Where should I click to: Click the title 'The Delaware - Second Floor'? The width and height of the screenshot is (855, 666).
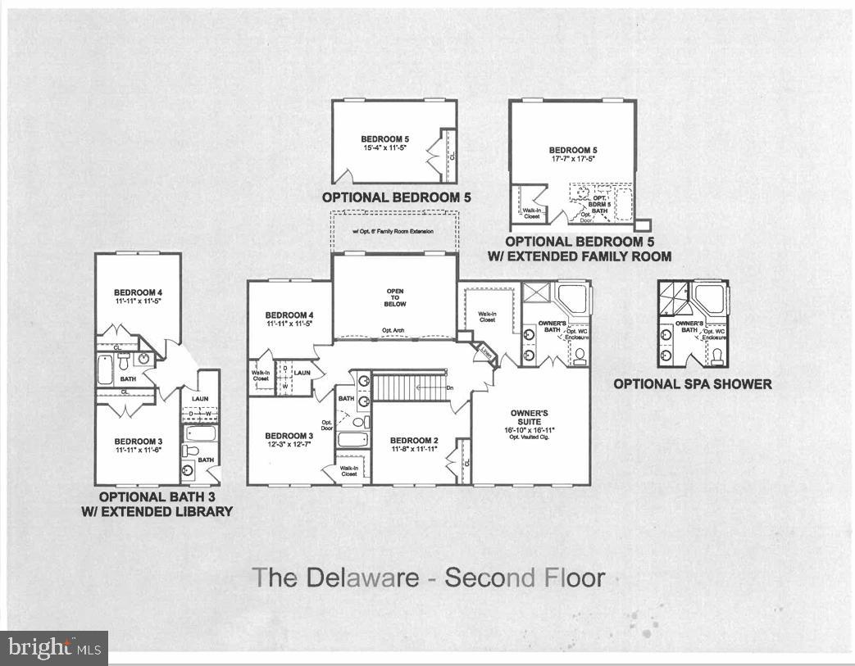point(428,577)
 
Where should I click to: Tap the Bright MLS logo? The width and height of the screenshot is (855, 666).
point(54,647)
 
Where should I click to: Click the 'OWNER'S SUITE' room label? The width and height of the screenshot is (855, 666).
point(530,418)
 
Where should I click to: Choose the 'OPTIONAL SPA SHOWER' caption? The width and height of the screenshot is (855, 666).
point(693,383)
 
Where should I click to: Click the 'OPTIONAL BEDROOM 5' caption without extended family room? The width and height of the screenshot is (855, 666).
point(396,197)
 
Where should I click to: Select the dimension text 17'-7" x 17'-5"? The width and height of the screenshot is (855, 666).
point(572,160)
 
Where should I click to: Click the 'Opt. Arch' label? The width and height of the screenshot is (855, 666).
point(394,331)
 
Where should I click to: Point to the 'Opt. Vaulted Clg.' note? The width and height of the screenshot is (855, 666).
point(530,435)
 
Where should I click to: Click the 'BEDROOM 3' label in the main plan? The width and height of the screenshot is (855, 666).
point(289,435)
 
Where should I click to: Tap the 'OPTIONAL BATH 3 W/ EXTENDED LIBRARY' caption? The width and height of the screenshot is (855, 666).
point(166,504)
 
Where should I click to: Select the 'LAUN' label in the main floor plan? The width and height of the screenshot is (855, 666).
point(302,373)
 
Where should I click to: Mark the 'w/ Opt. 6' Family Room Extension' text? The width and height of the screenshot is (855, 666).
point(393,232)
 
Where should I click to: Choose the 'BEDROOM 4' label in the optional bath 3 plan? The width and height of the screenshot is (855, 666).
point(138,292)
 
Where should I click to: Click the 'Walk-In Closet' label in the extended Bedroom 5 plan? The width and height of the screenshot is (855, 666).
point(531,213)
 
